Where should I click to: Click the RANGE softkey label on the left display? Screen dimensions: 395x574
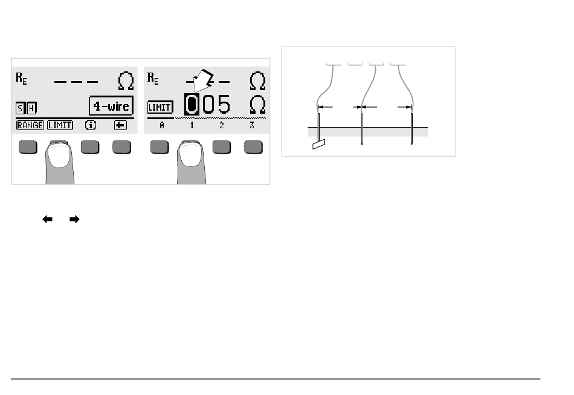[30, 125]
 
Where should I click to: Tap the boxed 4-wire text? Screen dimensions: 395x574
[111, 106]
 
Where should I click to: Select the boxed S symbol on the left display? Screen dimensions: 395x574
[20, 108]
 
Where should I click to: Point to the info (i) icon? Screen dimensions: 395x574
[90, 125]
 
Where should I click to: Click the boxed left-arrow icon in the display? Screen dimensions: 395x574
[120, 125]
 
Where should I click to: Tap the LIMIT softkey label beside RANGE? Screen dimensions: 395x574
[60, 125]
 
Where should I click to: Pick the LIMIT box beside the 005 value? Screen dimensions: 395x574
[160, 108]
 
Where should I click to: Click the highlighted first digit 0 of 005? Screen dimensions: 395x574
[192, 105]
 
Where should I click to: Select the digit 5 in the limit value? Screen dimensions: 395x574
[223, 105]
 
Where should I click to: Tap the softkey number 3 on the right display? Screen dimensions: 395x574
[252, 125]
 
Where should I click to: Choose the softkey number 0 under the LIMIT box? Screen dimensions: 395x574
[162, 125]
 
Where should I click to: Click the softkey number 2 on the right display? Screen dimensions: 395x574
[222, 125]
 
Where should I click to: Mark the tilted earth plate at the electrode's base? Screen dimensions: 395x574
[318, 145]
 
